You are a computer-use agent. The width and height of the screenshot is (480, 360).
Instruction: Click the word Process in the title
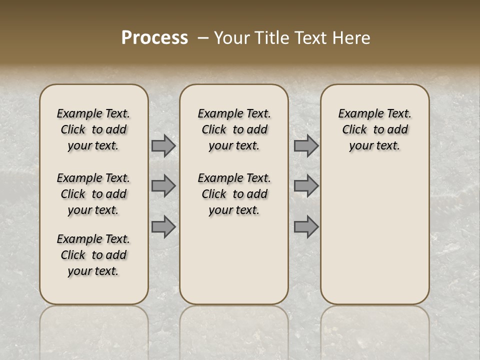coord(154,38)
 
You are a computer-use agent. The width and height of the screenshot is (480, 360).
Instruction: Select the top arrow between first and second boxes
coord(163,146)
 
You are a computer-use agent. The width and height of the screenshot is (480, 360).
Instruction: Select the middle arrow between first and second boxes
coord(163,186)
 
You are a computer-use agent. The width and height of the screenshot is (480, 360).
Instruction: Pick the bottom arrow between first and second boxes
coord(163,227)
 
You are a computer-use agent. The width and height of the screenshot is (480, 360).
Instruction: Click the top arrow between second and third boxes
coord(306,146)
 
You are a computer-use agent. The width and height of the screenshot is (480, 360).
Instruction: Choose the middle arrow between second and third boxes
coord(306,186)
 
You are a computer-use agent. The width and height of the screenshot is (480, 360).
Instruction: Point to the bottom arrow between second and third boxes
coord(306,227)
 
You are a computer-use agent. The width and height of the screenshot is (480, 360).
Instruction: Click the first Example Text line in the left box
coord(93,113)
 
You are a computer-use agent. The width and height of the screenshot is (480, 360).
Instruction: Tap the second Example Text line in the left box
coord(93,178)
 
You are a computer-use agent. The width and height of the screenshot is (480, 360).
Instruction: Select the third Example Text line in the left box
coord(93,239)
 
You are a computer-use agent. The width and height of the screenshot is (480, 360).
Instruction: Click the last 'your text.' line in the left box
coord(93,271)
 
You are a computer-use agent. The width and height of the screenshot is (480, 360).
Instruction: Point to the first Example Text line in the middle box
coord(234,113)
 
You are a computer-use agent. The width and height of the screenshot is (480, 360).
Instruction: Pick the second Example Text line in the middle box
coord(234,178)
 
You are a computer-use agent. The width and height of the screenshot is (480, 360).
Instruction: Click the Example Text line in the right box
coord(375,113)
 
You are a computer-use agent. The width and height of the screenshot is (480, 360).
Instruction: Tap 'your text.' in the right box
coord(375,145)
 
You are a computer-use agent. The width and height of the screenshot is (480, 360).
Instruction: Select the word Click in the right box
coord(354,129)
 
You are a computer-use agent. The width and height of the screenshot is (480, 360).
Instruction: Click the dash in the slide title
coord(203,38)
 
